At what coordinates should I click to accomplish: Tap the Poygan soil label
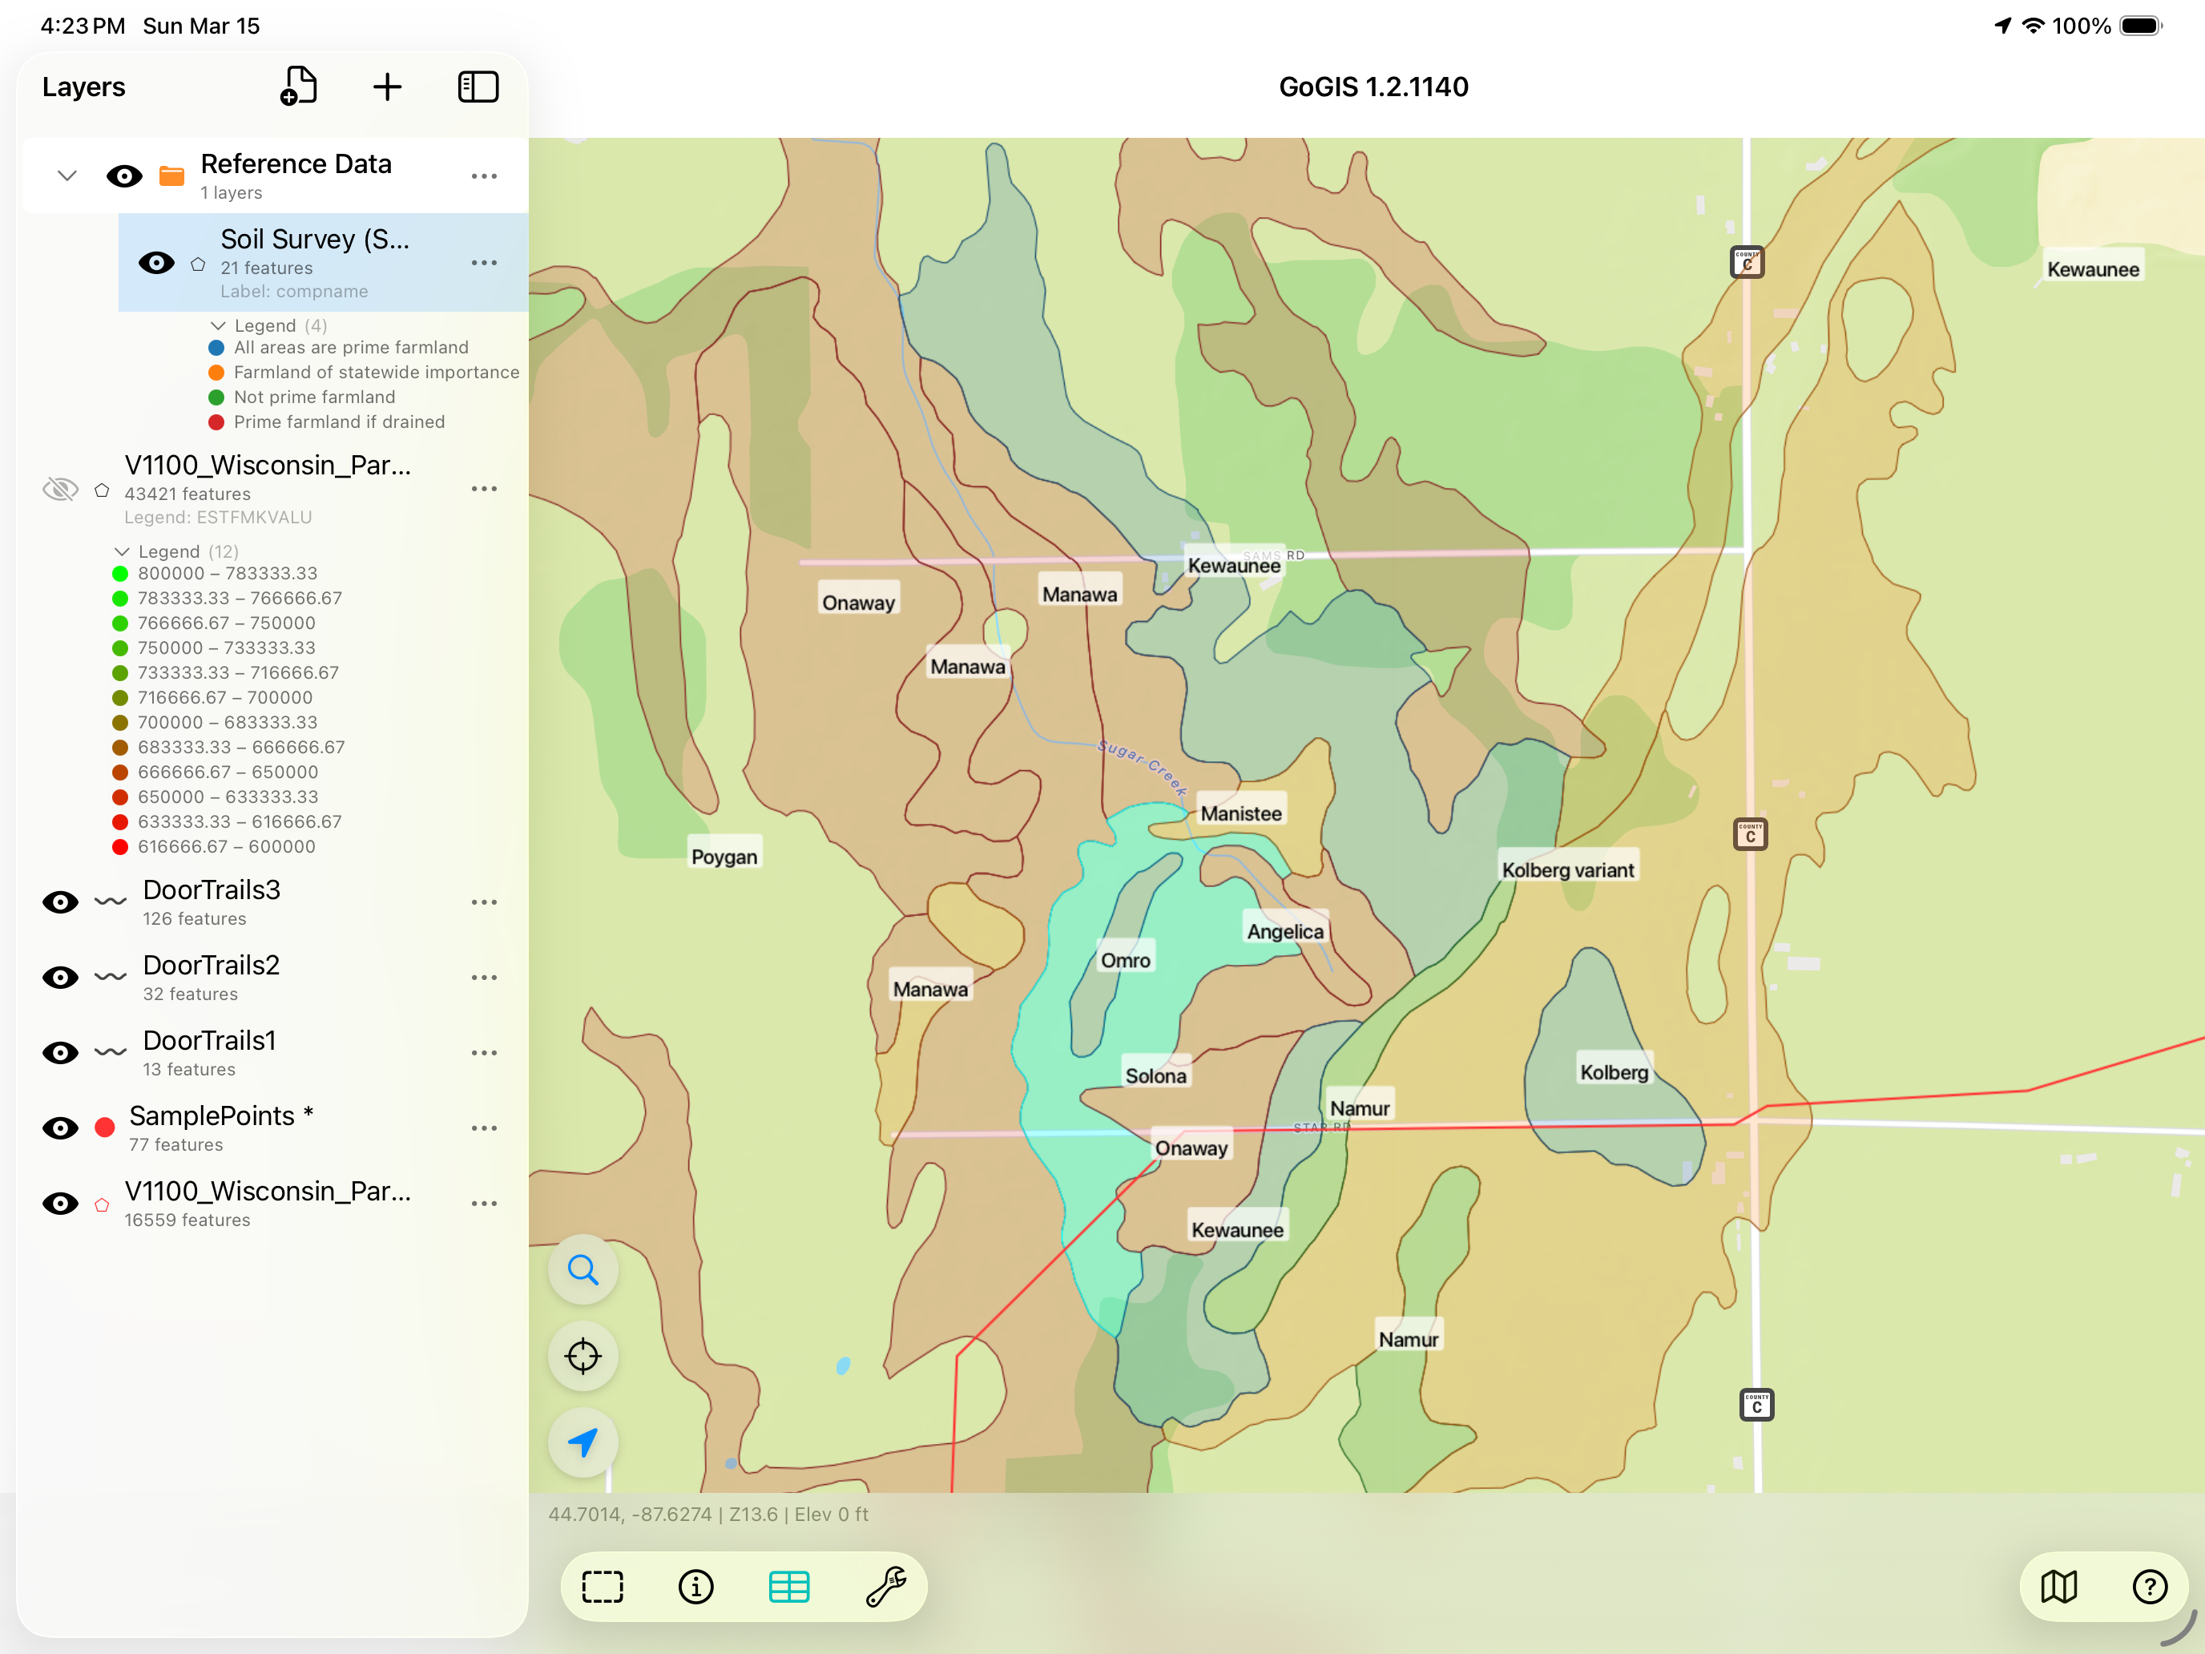click(x=724, y=857)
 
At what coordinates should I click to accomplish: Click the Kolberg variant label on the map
click(x=1567, y=869)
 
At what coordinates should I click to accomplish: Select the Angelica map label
click(x=1285, y=931)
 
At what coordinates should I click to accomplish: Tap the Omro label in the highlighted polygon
click(x=1124, y=960)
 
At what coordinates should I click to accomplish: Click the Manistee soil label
click(x=1240, y=813)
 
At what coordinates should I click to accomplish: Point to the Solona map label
click(x=1155, y=1075)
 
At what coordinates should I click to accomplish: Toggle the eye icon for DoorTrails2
click(x=60, y=977)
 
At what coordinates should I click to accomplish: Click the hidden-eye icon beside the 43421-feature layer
click(x=60, y=489)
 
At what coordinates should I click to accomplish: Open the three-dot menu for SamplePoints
click(x=483, y=1128)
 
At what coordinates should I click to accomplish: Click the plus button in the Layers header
click(x=387, y=87)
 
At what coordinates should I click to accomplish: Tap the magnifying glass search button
click(x=583, y=1269)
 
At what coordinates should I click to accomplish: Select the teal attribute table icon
click(x=788, y=1586)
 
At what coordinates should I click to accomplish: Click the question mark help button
click(x=2149, y=1586)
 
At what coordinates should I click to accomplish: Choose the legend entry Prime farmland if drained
click(x=339, y=422)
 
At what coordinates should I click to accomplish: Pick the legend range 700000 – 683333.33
click(x=228, y=722)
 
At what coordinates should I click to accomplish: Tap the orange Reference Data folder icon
click(x=171, y=176)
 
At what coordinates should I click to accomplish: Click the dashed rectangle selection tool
click(x=602, y=1586)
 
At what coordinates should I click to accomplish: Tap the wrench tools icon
click(x=885, y=1586)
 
